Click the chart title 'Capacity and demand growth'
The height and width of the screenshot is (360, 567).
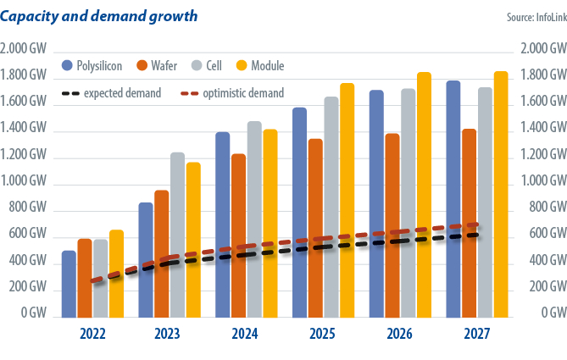101,14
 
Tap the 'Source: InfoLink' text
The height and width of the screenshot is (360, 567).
530,16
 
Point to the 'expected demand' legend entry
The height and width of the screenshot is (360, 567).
113,93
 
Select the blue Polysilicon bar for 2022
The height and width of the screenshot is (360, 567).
69,283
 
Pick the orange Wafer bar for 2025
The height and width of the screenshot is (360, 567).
315,227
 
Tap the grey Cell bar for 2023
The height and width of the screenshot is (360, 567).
177,234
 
